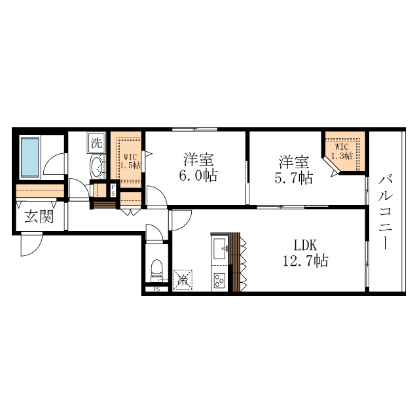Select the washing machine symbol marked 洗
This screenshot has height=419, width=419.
click(x=96, y=142)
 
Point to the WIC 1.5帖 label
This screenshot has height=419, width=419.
click(x=130, y=161)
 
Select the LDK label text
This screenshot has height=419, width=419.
click(x=304, y=246)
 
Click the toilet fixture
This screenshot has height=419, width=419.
click(x=156, y=269)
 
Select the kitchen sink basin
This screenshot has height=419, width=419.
click(x=219, y=248)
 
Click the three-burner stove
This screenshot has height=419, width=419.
click(x=219, y=280)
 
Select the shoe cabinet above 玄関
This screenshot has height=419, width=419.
click(x=39, y=191)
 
